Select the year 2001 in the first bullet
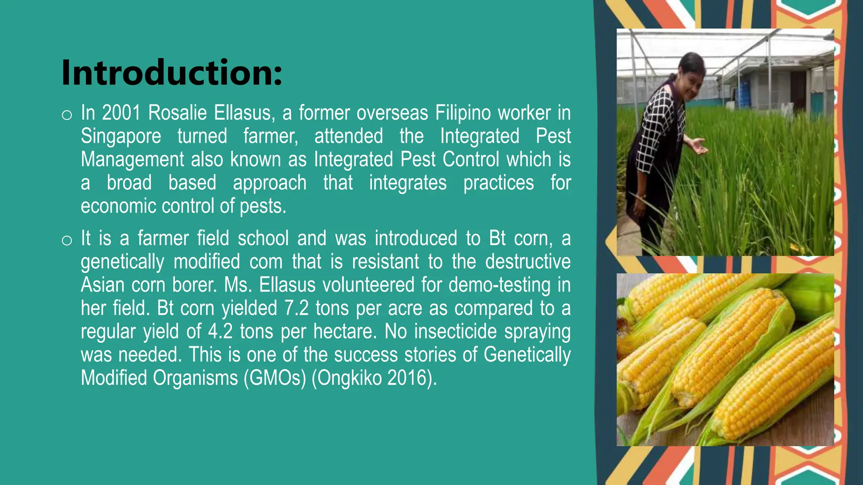pyautogui.click(x=121, y=113)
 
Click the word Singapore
pyautogui.click(x=121, y=136)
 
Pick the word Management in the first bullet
pyautogui.click(x=132, y=160)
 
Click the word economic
pyautogui.click(x=118, y=206)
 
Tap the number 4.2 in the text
pyautogui.click(x=220, y=331)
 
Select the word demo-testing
pyautogui.click(x=499, y=285)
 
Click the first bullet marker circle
pyautogui.click(x=67, y=115)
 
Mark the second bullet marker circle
pyautogui.click(x=67, y=240)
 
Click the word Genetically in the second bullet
pyautogui.click(x=527, y=355)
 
